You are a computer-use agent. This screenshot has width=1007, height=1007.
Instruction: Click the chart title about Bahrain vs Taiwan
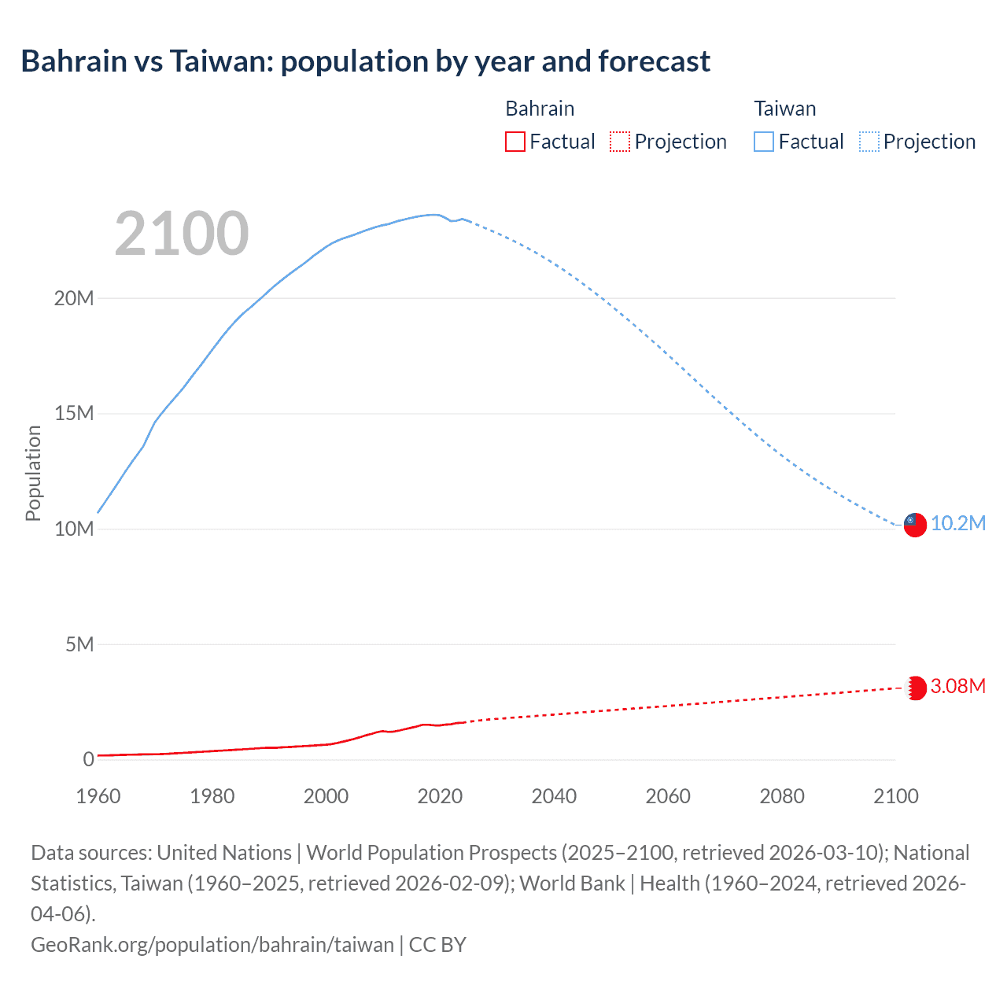click(x=365, y=61)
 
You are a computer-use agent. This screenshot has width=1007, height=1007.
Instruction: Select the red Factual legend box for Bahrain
click(x=515, y=142)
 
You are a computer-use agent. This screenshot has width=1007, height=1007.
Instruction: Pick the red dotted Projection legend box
click(x=620, y=142)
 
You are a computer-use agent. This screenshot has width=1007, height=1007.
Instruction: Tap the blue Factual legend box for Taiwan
click(x=763, y=142)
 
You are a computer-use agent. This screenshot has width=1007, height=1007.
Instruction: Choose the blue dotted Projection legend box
click(x=869, y=142)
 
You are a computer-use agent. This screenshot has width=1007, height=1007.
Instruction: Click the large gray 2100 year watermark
click(x=182, y=234)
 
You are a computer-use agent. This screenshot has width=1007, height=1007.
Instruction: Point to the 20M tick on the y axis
click(x=74, y=298)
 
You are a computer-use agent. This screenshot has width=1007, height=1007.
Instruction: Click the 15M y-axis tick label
click(x=74, y=414)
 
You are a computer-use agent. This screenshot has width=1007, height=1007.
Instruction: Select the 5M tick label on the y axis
click(x=79, y=644)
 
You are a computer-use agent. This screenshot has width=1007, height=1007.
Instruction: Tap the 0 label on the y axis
click(x=88, y=759)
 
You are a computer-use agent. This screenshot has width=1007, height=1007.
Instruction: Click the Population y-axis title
click(x=33, y=473)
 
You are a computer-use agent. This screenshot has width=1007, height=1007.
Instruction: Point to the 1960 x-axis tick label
click(x=98, y=796)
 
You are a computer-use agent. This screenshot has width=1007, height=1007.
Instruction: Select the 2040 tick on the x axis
click(x=554, y=796)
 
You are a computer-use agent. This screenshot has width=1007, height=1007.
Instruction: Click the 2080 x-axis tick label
click(x=782, y=796)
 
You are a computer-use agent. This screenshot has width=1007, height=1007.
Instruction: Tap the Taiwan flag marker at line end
click(x=915, y=525)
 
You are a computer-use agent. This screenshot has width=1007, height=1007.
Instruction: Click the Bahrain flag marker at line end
click(x=915, y=688)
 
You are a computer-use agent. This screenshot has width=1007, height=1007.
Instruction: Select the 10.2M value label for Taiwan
click(x=958, y=524)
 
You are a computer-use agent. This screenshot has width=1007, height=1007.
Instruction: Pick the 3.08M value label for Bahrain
click(x=958, y=687)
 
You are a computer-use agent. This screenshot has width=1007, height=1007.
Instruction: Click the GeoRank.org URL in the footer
click(x=212, y=944)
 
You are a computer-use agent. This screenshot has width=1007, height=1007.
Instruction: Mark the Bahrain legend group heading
click(x=540, y=109)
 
